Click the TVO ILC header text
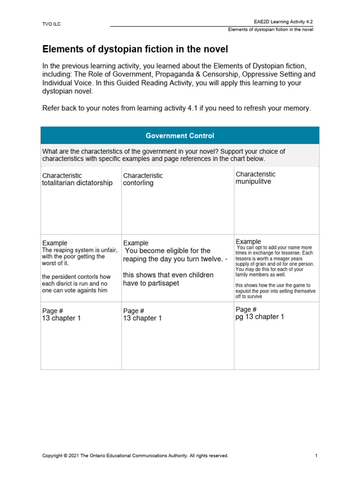[x=51, y=24]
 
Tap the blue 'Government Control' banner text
[x=180, y=135]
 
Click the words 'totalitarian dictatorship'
[x=77, y=183]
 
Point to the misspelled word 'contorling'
[x=138, y=183]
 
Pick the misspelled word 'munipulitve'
[x=253, y=181]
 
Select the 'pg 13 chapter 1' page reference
[x=260, y=317]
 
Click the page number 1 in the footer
[x=316, y=455]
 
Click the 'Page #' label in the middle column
[x=133, y=311]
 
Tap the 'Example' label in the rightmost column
[x=248, y=241]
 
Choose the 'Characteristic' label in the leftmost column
[x=62, y=175]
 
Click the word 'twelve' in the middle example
[x=202, y=259]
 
